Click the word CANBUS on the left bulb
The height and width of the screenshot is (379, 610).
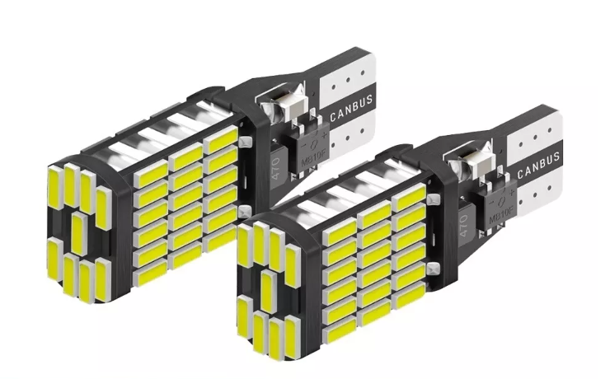(351, 107)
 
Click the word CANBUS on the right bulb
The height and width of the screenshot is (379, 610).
(538, 165)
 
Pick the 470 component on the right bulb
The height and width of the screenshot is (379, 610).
(464, 223)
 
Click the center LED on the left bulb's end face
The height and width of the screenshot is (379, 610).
(78, 232)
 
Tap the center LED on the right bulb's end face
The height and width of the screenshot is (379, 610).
(267, 290)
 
